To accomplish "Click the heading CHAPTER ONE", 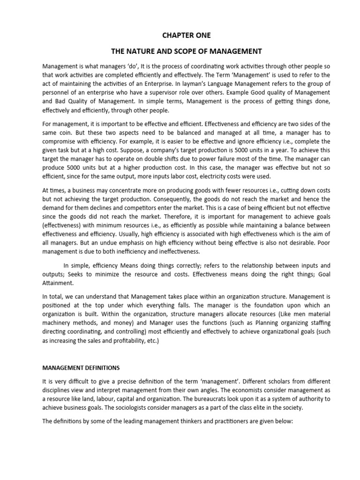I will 180,35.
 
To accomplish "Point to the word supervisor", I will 174,92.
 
